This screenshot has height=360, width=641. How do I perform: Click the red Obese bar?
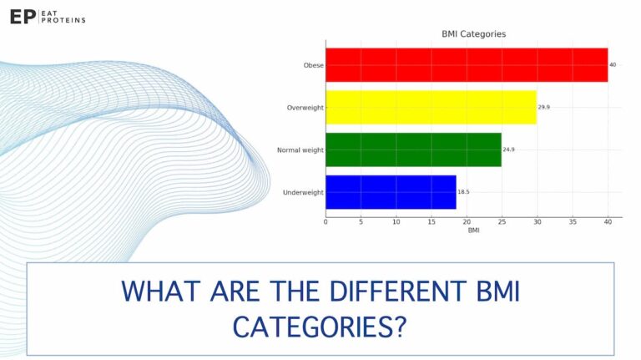click(x=467, y=64)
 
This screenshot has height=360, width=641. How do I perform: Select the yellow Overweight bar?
click(x=431, y=107)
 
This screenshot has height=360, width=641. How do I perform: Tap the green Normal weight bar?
click(x=413, y=150)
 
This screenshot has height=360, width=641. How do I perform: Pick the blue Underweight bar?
click(x=391, y=192)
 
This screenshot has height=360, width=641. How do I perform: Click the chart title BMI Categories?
click(x=473, y=34)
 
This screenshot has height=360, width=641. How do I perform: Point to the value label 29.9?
click(x=545, y=107)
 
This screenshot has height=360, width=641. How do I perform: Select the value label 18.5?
click(x=464, y=192)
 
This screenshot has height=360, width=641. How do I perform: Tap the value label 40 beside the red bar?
click(x=613, y=64)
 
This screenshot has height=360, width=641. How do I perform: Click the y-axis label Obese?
click(x=313, y=64)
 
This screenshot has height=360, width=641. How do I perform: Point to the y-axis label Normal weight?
click(x=300, y=150)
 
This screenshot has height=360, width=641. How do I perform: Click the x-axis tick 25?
click(x=502, y=222)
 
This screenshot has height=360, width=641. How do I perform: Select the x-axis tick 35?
click(x=573, y=222)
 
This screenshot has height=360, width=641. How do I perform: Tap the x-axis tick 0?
click(x=326, y=222)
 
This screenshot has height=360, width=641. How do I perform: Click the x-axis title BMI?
click(x=473, y=231)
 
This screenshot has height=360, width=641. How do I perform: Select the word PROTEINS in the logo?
click(x=67, y=20)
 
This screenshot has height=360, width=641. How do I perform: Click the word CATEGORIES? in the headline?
click(x=320, y=326)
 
